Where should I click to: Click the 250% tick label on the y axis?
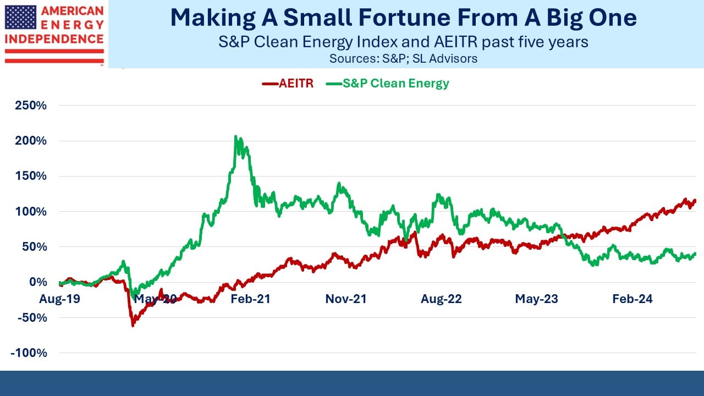pos(31,105)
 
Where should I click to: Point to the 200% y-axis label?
pos(31,140)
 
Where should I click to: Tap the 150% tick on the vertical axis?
pos(31,175)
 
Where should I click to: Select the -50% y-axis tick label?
pos(32,317)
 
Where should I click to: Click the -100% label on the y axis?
pos(29,353)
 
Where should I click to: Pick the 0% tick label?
pos(38,282)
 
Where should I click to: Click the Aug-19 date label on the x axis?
pos(60,299)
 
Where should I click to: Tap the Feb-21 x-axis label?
pos(250,299)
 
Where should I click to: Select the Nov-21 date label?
pos(346,299)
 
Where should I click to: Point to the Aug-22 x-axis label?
pos(441,299)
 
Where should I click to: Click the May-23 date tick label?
pos(536,299)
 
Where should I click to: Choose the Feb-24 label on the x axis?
pos(632,299)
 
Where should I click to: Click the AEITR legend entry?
pos(288,84)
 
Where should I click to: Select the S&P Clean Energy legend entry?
pos(388,84)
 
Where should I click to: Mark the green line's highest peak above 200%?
pos(235,136)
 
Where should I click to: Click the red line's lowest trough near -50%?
pos(133,326)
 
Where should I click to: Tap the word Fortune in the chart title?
pos(405,18)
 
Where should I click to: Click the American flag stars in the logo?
pos(21,17)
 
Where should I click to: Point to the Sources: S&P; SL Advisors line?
pos(403,59)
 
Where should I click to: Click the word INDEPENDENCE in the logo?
pos(54,39)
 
